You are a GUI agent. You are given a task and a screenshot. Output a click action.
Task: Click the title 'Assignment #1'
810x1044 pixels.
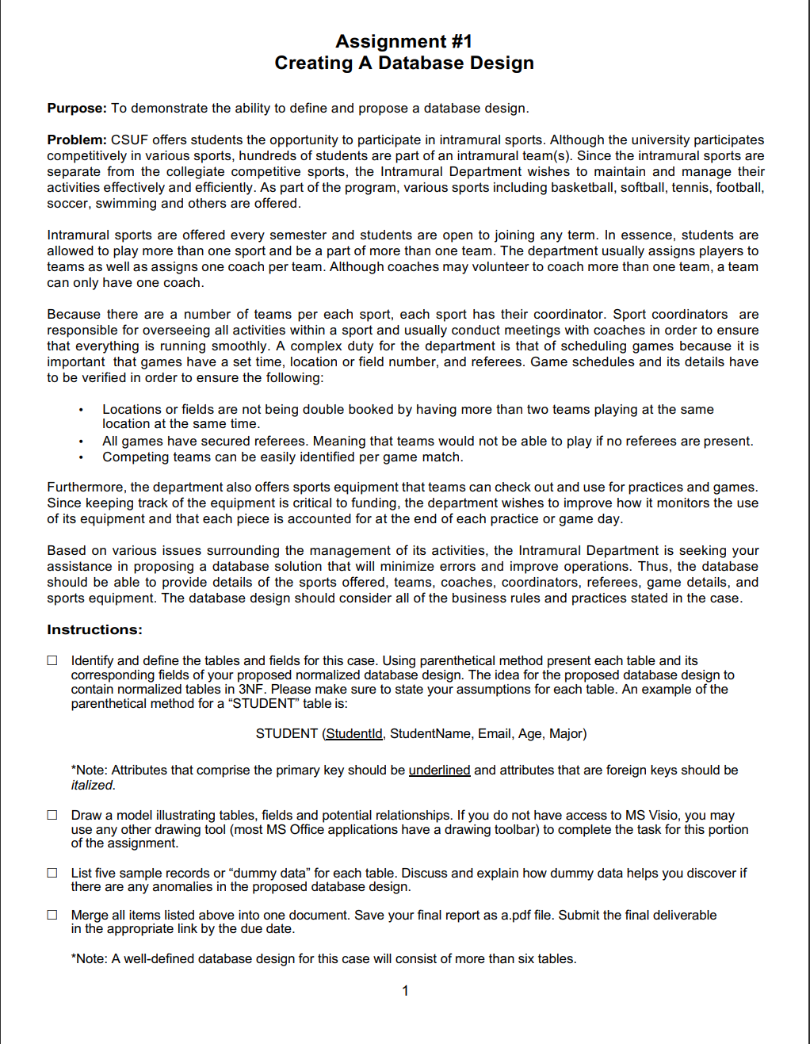[403, 41]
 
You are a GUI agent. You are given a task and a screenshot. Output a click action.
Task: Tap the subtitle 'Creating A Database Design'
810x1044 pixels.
[403, 63]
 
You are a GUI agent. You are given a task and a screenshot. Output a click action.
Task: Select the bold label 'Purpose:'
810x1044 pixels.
[76, 109]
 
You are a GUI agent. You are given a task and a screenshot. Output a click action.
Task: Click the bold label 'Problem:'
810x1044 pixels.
[76, 140]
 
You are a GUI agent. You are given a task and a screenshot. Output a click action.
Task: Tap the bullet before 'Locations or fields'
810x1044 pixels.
[81, 410]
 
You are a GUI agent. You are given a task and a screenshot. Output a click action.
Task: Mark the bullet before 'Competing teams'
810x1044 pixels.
[81, 457]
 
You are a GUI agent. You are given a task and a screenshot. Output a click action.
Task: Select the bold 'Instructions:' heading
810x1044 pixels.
[94, 630]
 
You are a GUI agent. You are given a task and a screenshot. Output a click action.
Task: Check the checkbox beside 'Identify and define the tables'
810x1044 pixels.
[52, 660]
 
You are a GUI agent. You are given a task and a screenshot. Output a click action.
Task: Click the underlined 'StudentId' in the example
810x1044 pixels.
[353, 734]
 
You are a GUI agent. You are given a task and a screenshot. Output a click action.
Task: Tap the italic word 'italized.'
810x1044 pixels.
[93, 786]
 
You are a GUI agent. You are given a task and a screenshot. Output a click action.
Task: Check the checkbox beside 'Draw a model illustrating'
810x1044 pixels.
[52, 815]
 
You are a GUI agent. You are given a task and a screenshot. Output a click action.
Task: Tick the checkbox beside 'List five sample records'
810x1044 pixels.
[52, 873]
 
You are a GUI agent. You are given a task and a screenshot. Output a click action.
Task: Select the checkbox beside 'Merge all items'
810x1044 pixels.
[52, 915]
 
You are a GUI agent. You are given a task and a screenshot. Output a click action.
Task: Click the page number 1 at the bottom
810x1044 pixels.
[405, 991]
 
